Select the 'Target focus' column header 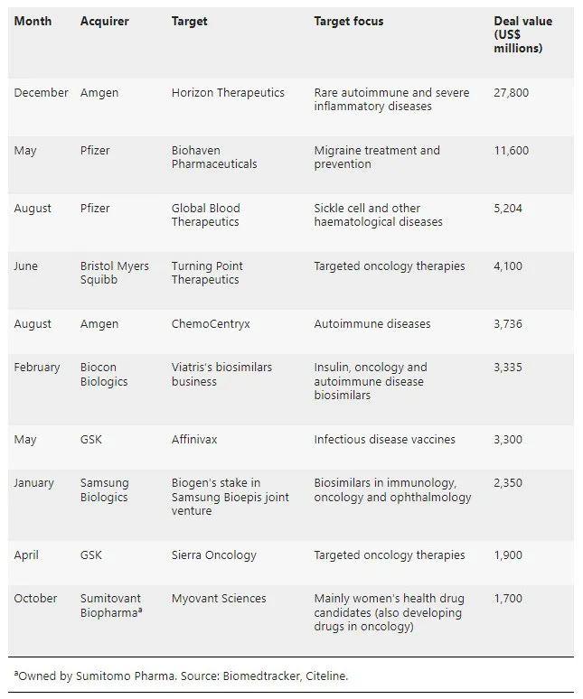click(x=348, y=22)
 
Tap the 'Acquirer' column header click(x=104, y=22)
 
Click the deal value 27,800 click(x=511, y=93)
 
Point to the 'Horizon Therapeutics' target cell click(x=228, y=93)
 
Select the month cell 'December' click(x=41, y=93)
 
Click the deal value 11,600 click(x=511, y=151)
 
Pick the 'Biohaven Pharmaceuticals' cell click(x=214, y=157)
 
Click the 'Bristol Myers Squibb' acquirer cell click(x=114, y=273)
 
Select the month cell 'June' click(x=26, y=266)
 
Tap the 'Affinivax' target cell click(x=194, y=440)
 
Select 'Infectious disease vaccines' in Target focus click(x=384, y=440)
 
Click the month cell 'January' click(x=34, y=483)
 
